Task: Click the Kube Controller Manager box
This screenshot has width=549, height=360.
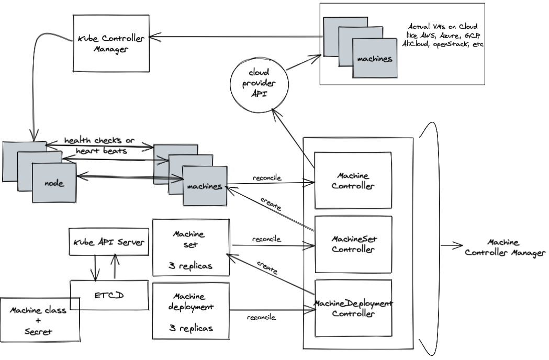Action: tap(110, 44)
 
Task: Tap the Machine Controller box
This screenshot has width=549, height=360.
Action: tap(353, 181)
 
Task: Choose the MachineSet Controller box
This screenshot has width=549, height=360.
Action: tap(353, 244)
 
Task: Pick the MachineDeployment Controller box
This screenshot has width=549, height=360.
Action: tap(353, 309)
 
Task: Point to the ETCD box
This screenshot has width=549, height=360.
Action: tap(109, 295)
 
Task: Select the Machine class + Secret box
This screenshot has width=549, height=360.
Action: tap(39, 320)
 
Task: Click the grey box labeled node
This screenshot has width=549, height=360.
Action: tap(54, 183)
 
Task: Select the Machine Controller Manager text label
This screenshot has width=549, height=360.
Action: tap(504, 248)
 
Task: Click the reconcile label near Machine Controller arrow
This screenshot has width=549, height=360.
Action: tap(266, 178)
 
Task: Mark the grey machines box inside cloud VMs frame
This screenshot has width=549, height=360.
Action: tap(374, 59)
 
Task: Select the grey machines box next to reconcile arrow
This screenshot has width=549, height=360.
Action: tap(205, 186)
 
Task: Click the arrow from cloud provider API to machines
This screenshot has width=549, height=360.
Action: tap(302, 62)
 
